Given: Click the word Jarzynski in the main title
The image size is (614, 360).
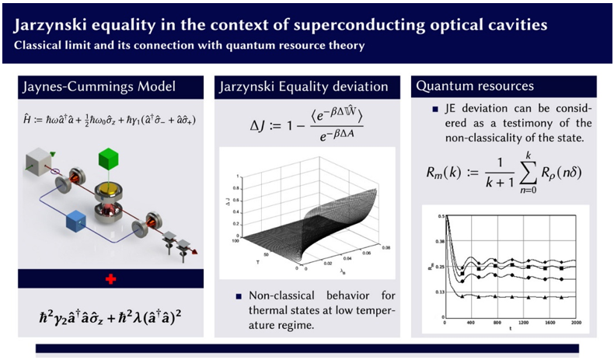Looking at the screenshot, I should point(51,24).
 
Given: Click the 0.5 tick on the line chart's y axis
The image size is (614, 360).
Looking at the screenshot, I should point(439,215).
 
